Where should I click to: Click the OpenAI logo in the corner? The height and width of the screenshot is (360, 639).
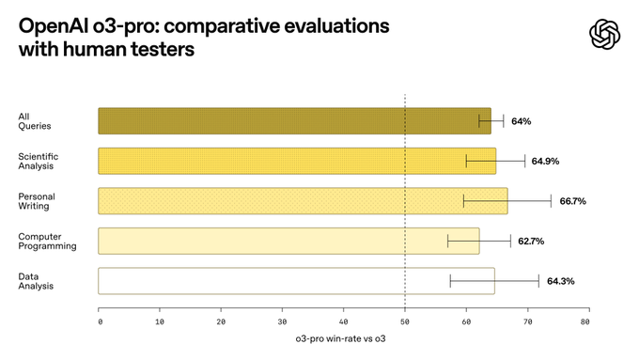(605, 35)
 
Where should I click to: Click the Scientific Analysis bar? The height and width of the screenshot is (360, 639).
(297, 161)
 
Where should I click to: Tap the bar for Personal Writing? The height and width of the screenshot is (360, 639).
(303, 200)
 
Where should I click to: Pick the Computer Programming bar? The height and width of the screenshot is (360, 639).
(288, 241)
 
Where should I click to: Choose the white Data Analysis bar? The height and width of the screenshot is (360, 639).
(296, 280)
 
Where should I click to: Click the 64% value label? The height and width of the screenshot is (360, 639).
(522, 121)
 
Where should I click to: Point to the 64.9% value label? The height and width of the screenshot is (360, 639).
(545, 161)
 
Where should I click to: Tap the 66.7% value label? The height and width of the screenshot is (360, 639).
(572, 201)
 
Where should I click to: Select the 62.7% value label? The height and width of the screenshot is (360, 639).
(530, 241)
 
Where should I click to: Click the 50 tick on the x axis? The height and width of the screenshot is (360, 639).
(405, 321)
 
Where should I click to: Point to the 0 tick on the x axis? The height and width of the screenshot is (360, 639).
(100, 321)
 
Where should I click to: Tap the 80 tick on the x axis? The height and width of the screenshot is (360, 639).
(585, 321)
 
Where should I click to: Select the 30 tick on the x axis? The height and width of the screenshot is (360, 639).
(282, 321)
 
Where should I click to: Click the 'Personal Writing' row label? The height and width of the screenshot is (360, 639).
(34, 200)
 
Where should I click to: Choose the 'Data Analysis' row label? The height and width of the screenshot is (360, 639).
(36, 280)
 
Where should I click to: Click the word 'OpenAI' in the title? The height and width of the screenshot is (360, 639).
(57, 24)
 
